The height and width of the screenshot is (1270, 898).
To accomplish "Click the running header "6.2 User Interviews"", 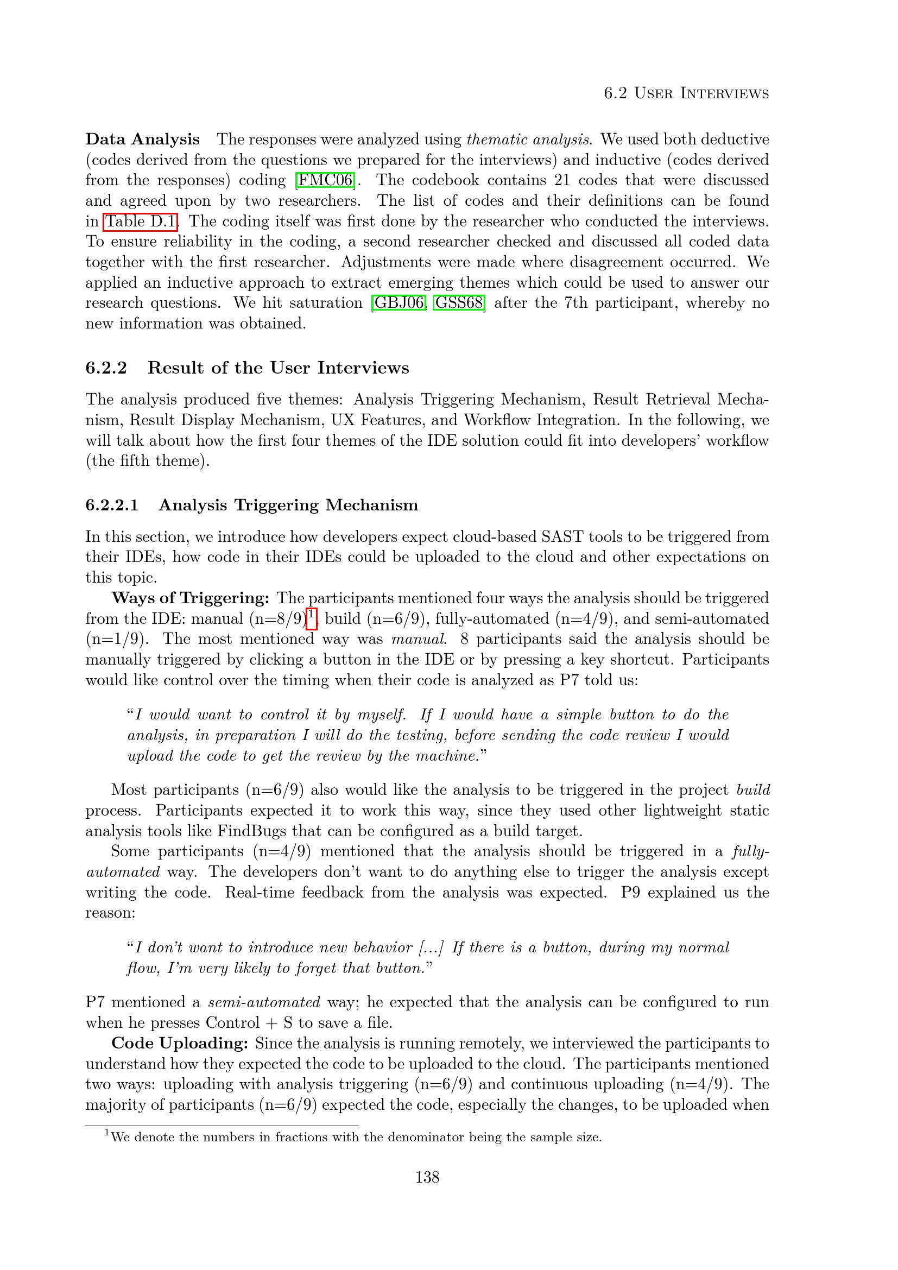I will click(686, 93).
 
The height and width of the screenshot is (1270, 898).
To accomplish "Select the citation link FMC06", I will click(325, 180).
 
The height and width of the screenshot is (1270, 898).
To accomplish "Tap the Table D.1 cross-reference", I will click(141, 221).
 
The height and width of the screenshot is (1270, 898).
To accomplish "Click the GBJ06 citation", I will click(399, 303).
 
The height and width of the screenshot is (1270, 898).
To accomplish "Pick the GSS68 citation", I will click(459, 303).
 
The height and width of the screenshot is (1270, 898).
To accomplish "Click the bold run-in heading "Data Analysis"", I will click(142, 139).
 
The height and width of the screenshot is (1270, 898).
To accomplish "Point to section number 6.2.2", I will click(106, 368).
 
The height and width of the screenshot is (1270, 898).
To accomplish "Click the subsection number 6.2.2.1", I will click(112, 505).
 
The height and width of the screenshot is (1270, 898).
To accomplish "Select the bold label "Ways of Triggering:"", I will click(190, 598).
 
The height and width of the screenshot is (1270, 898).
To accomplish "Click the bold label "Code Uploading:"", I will click(180, 1043).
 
